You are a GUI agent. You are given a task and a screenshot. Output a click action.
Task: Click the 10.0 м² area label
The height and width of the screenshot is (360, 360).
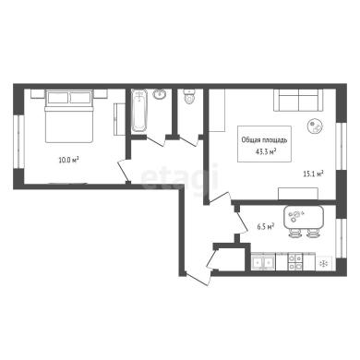coord(68,160)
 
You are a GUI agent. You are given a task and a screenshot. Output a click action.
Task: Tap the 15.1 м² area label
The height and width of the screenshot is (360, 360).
coord(313,174)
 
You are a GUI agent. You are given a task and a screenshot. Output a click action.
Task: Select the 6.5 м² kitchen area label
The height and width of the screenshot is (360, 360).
coord(266,227)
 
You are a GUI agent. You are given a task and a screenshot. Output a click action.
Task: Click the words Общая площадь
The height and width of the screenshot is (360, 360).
coord(264,140)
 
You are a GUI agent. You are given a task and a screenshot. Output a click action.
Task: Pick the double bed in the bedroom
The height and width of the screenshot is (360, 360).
coord(69,116)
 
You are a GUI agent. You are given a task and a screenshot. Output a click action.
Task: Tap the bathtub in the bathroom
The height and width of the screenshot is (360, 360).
coord(139,111)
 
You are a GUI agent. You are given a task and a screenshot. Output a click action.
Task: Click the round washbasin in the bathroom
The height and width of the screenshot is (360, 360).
coord(160,94)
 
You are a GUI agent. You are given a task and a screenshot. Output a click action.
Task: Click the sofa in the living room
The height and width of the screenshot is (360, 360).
coord(298,100)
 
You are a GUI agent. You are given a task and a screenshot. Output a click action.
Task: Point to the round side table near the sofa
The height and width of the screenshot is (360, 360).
coord(316,126)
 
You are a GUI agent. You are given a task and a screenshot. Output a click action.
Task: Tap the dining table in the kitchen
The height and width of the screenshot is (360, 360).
coord(304,217)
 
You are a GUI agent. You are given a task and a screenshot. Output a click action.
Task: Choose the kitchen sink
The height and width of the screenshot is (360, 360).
coord(263,262)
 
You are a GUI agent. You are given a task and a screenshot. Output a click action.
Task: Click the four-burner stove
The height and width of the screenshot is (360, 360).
coord(294,262)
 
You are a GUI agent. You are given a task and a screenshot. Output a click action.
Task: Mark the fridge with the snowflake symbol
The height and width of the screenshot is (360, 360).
coord(324,263)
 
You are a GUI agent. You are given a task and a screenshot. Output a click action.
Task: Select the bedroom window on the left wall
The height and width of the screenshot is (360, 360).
coord(20,141)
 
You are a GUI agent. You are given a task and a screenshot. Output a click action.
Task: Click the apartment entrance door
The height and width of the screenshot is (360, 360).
coord(198,279)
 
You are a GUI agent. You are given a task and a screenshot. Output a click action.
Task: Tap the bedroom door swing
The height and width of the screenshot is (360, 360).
coord(124,170)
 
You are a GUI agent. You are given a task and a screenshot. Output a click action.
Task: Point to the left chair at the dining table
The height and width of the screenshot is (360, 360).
coord(294,234)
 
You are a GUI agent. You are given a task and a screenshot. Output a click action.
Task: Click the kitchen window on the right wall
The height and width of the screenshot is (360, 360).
coord(342,238)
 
